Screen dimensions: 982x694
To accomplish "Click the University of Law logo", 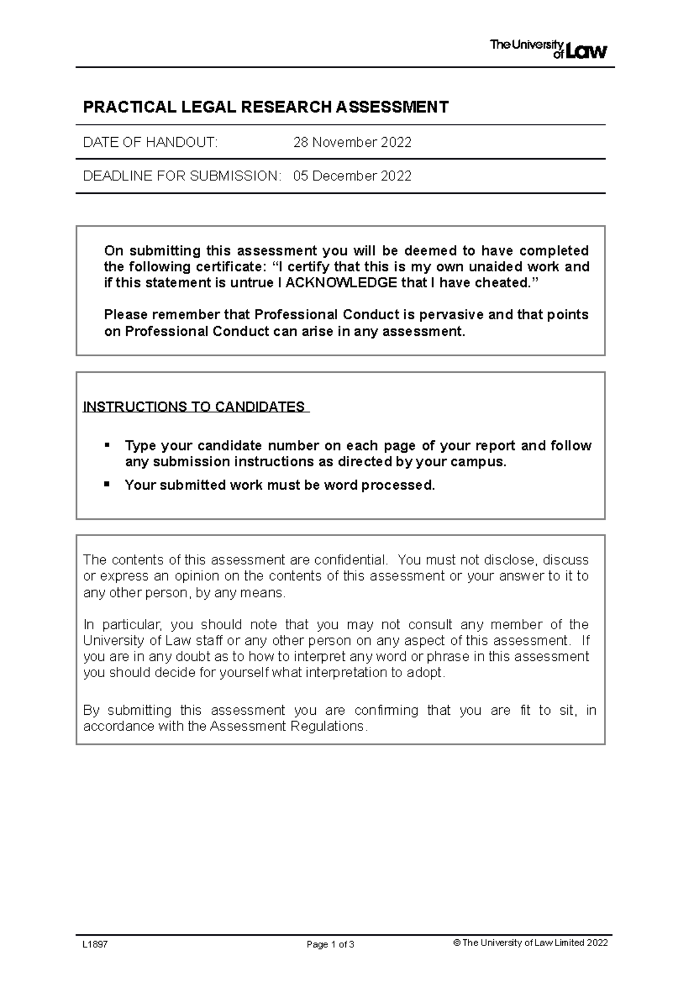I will tap(548, 49).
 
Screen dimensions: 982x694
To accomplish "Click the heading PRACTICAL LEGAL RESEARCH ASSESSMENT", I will tap(265, 107).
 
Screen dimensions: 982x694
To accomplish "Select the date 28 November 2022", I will tap(352, 142).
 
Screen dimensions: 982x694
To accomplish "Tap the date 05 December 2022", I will tap(352, 176).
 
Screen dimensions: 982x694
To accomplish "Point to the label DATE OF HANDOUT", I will tap(150, 142).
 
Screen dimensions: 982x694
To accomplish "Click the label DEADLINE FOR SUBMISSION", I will tap(182, 176).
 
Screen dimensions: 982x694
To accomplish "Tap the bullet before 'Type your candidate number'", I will tap(106, 445).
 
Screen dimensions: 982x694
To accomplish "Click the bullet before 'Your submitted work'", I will tap(106, 484).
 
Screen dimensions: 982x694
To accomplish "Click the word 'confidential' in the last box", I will tap(350, 560).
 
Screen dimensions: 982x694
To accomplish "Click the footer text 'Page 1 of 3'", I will tap(330, 944).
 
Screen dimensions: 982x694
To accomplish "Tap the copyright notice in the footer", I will tap(531, 943).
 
